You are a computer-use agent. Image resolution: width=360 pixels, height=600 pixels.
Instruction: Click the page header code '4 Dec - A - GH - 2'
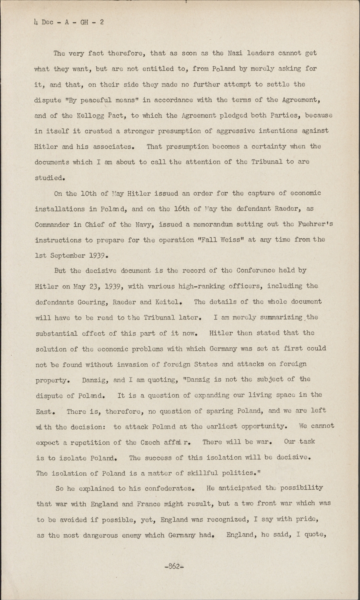(x=68, y=23)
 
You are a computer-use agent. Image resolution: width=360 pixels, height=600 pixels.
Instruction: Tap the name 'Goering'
(x=92, y=302)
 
